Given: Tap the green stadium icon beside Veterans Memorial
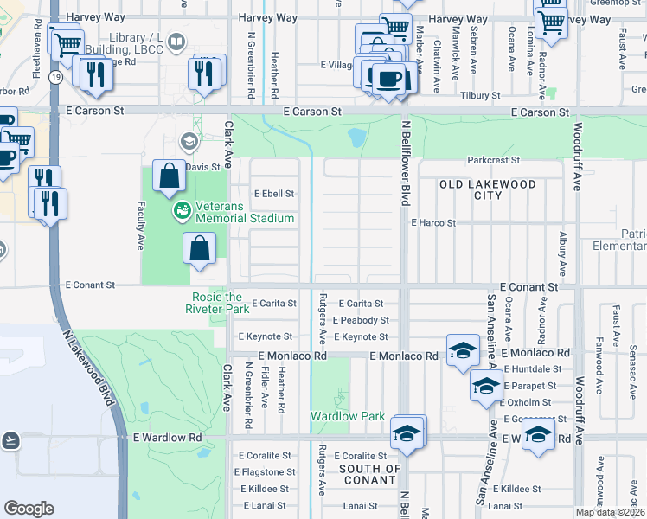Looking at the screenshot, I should pyautogui.click(x=183, y=209).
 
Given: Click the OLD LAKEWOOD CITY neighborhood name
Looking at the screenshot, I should pyautogui.click(x=488, y=189).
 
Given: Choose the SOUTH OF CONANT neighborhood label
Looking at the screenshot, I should pyautogui.click(x=370, y=475).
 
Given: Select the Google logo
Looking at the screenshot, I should pyautogui.click(x=29, y=509).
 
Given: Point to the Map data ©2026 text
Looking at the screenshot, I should pyautogui.click(x=609, y=512).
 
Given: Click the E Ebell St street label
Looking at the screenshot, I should pyautogui.click(x=273, y=194).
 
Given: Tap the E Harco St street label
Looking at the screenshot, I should pyautogui.click(x=432, y=222).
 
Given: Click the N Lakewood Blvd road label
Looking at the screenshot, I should pyautogui.click(x=86, y=363).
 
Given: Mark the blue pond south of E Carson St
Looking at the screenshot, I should pyautogui.click(x=356, y=137).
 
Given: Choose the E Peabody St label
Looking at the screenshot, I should pyautogui.click(x=363, y=320).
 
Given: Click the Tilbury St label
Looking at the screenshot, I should pyautogui.click(x=482, y=95).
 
